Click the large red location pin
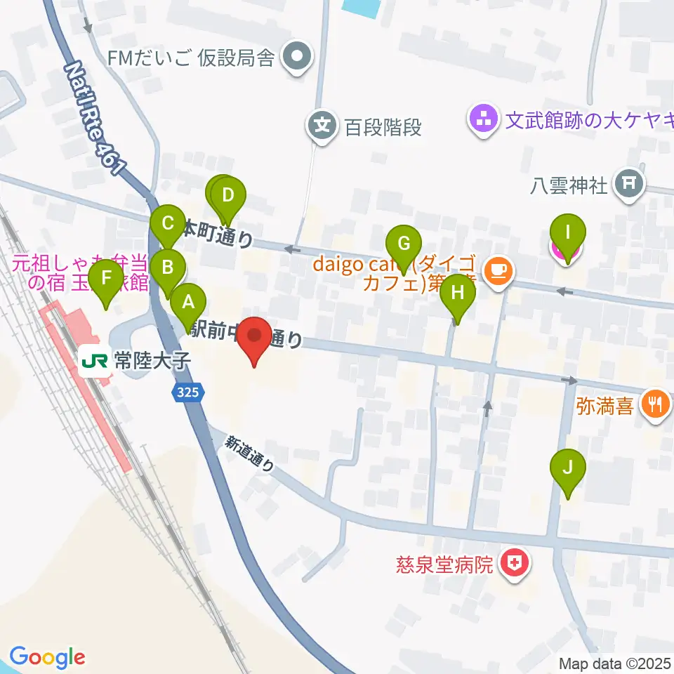tap(254, 338)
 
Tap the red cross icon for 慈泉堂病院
tap(515, 564)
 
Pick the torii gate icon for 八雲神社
tap(628, 185)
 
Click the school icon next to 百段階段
tap(322, 127)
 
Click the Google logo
tap(47, 657)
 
